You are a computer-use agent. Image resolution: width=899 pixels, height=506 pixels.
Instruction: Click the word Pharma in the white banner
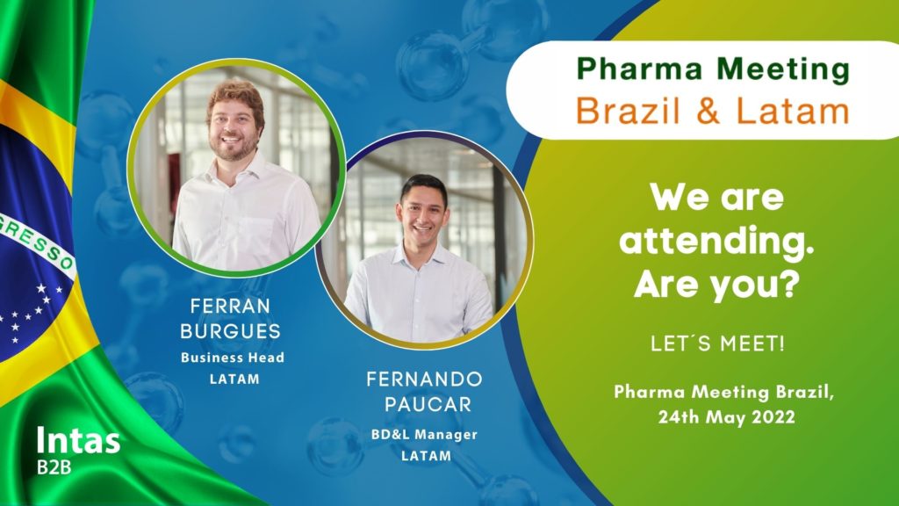639,69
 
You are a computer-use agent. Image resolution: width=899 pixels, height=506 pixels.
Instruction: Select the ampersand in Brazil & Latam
708,111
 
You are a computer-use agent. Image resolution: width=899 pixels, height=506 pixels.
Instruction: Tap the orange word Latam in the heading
793,111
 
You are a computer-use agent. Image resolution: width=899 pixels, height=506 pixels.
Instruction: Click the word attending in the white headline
716,242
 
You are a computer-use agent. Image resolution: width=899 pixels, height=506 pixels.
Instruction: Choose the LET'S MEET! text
717,343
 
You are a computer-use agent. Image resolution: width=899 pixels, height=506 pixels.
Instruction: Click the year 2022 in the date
773,417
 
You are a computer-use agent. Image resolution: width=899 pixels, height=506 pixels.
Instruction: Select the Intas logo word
78,441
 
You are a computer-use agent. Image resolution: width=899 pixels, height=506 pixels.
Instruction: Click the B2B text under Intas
54,467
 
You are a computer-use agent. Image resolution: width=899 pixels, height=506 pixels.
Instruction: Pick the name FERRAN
230,307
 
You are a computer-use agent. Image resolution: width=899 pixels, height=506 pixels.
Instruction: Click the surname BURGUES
230,331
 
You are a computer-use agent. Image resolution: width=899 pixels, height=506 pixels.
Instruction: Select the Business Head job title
232,358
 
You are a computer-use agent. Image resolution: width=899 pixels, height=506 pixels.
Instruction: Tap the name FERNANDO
424,379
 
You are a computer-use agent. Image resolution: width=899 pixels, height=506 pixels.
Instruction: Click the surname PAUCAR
428,404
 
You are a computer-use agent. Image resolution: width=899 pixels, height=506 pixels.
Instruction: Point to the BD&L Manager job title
424,435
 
